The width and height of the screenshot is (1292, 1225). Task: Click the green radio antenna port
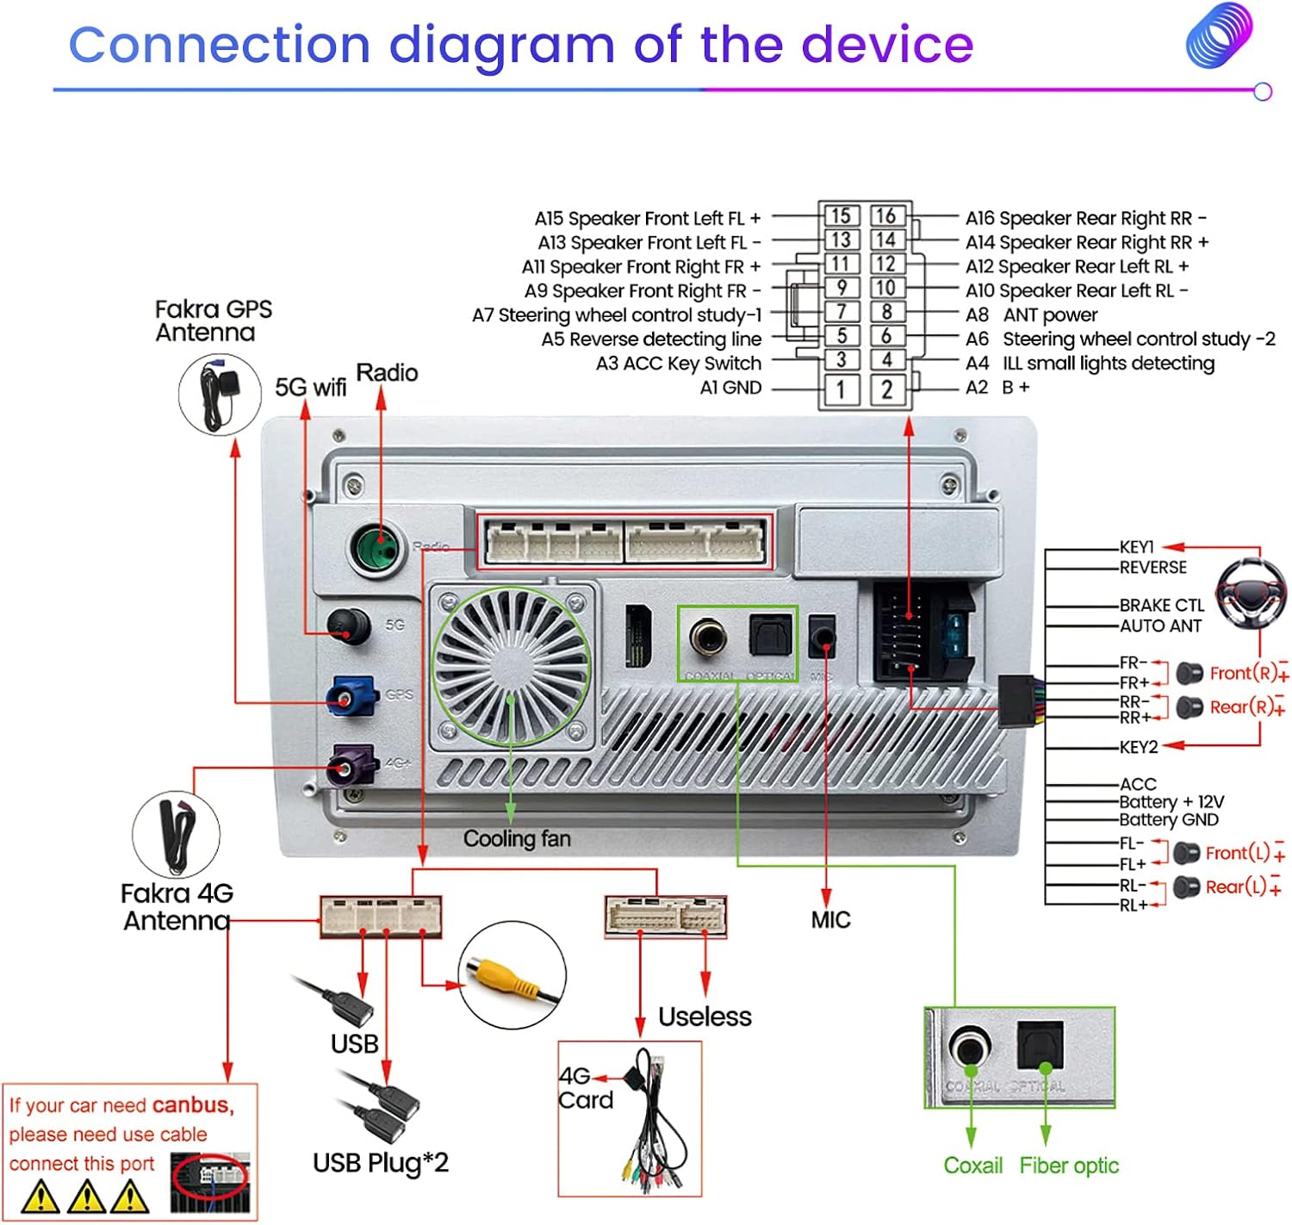click(x=377, y=547)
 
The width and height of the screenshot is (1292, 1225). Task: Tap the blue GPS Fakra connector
click(x=351, y=696)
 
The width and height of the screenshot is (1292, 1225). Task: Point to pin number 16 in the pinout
click(x=886, y=216)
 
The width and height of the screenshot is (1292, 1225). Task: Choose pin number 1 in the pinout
click(x=841, y=390)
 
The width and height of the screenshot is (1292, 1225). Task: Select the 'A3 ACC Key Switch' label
click(x=679, y=364)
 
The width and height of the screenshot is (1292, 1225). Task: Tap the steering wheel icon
click(x=1251, y=594)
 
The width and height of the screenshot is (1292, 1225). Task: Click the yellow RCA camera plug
click(x=503, y=976)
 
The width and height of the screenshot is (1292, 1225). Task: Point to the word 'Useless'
click(x=705, y=1017)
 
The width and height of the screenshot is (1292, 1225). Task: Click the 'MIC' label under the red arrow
click(x=830, y=920)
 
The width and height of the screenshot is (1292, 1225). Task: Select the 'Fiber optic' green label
click(x=1069, y=1166)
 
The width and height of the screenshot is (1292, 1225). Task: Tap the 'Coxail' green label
click(x=973, y=1166)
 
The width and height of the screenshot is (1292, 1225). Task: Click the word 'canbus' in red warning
click(x=192, y=1105)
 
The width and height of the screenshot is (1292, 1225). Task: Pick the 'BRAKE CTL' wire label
click(x=1161, y=606)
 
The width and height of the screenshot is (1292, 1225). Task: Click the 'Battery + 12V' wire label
click(x=1171, y=802)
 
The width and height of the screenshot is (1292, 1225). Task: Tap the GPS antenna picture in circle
click(x=220, y=395)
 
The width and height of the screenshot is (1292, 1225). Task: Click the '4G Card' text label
click(x=585, y=1088)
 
